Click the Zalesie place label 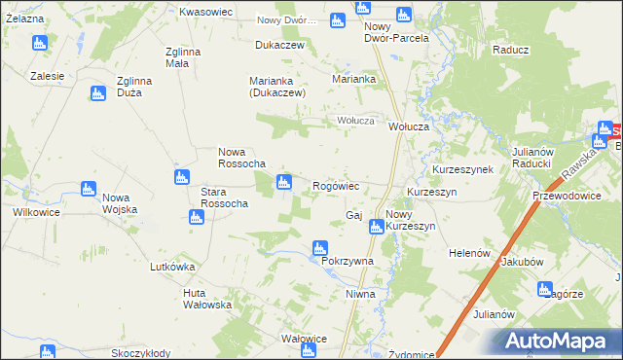point(47,76)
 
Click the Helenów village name point(468,253)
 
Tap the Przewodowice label point(567,195)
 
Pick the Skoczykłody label point(141,353)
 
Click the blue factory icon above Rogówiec point(284,180)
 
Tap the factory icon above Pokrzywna point(319,247)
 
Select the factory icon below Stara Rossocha point(197,217)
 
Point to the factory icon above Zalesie point(39,43)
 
